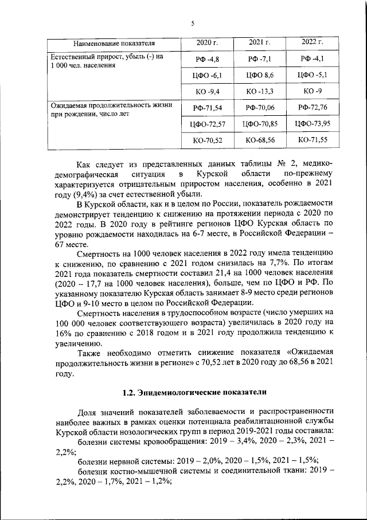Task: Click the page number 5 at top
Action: click(x=193, y=23)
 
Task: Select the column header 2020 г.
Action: click(x=207, y=42)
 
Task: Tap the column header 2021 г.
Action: click(x=260, y=42)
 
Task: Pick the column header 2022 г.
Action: click(x=313, y=42)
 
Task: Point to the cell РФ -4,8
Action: click(x=207, y=59)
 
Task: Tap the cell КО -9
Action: click(x=313, y=91)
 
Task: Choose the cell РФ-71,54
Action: click(x=207, y=108)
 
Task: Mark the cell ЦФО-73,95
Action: click(x=313, y=124)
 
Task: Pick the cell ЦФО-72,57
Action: click(x=207, y=124)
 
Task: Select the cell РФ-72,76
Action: click(x=313, y=108)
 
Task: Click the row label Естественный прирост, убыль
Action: click(x=107, y=57)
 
